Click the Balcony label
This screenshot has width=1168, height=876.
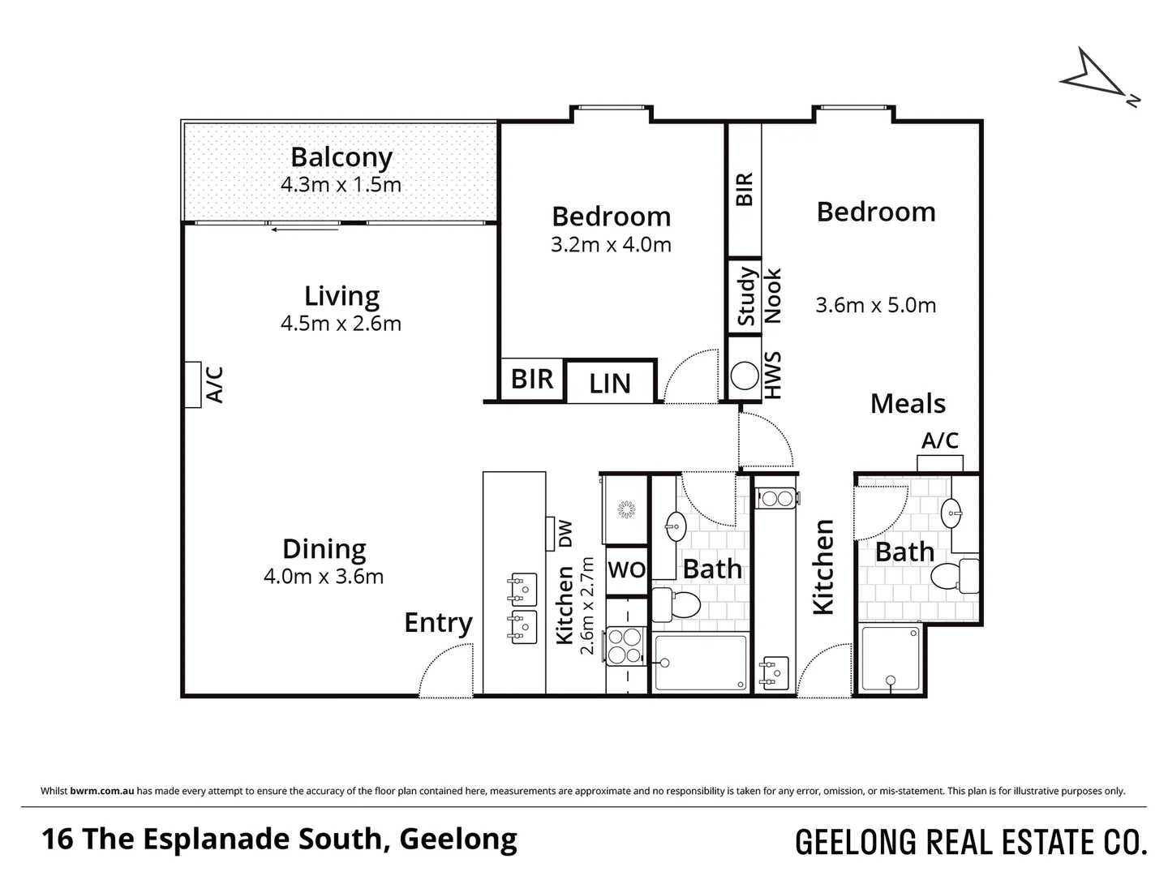tap(341, 158)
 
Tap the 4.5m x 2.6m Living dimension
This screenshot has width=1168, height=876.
tap(341, 324)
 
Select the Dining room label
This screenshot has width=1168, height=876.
tap(324, 549)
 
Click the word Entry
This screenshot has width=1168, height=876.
tap(439, 623)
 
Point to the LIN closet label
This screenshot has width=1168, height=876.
tap(610, 384)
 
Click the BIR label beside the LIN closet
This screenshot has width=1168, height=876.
tap(532, 380)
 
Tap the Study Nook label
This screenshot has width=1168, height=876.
tap(759, 296)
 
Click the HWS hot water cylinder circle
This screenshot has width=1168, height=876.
tap(745, 376)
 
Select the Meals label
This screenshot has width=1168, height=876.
tap(908, 404)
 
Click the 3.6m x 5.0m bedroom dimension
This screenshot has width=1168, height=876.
tap(875, 305)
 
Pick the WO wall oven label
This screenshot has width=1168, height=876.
tap(627, 569)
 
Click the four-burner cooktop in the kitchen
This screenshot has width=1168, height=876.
tap(625, 646)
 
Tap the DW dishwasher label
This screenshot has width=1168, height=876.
tap(565, 534)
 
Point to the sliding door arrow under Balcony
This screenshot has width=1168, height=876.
tap(304, 230)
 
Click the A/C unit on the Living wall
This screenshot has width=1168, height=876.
tap(192, 384)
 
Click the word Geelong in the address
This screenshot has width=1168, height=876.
tap(458, 839)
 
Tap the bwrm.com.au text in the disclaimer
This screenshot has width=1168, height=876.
tap(102, 791)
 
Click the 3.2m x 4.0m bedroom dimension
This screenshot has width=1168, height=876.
tap(611, 245)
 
